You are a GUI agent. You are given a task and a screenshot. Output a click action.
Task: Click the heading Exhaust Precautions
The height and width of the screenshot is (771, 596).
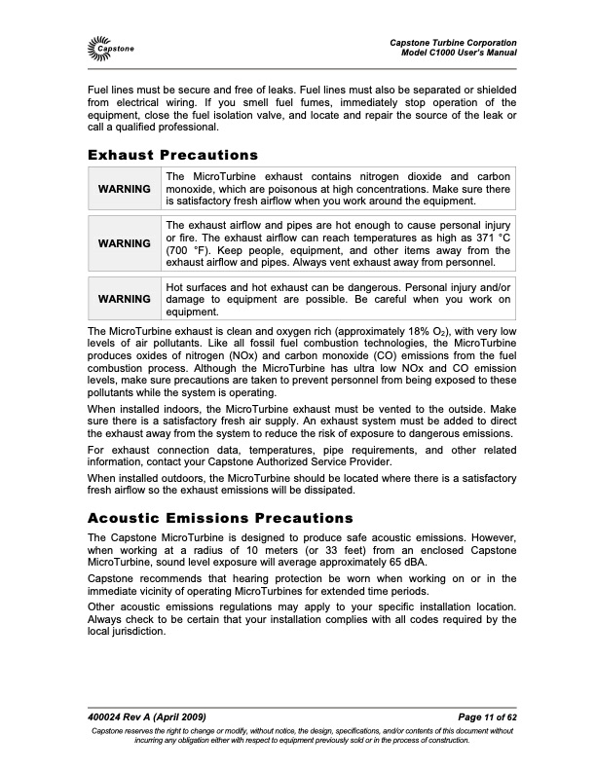[x=172, y=155]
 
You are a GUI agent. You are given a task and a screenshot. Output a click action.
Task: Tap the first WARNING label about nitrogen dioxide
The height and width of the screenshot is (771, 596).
[x=125, y=189]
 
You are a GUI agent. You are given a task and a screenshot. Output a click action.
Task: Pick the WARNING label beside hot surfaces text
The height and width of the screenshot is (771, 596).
[x=125, y=299]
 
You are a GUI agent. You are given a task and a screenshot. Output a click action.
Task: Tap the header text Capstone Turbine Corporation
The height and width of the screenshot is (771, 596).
[x=452, y=41]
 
